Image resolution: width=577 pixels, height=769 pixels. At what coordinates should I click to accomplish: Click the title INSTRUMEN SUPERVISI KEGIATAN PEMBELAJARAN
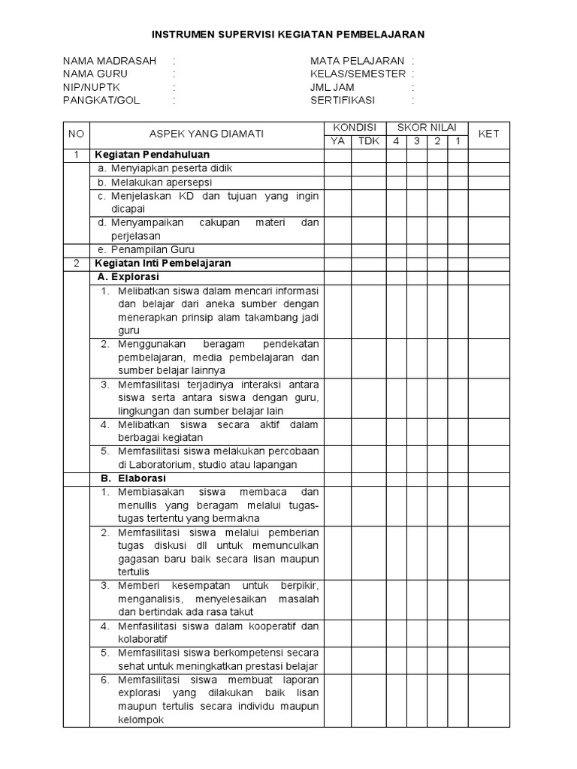click(x=288, y=34)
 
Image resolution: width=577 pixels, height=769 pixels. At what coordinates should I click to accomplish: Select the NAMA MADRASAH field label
click(x=109, y=61)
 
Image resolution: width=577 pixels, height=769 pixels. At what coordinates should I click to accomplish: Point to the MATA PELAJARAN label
click(x=357, y=61)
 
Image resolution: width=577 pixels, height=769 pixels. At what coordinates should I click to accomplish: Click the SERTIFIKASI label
click(x=342, y=100)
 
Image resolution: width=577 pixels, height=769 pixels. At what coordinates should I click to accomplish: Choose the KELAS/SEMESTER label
click(x=358, y=74)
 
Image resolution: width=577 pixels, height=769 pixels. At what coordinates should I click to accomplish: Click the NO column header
click(x=76, y=134)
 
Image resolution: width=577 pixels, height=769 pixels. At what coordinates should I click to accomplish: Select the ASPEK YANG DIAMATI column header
click(x=206, y=134)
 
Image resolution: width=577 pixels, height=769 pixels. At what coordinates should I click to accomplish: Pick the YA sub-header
click(x=337, y=141)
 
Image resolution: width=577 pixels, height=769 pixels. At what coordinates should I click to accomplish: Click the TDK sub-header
click(x=368, y=141)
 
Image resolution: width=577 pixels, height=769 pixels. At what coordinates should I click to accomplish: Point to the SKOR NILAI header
click(x=426, y=128)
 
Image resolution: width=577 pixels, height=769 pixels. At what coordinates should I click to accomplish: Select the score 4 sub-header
click(x=395, y=141)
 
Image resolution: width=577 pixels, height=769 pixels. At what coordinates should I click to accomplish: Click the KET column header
click(x=488, y=134)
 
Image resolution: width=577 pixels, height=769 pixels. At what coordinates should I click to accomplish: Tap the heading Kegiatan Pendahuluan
click(x=143, y=155)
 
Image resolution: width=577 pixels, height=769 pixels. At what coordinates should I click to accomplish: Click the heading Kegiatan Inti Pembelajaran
click(x=162, y=264)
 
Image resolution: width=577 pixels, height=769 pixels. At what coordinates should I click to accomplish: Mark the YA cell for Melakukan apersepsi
click(x=337, y=182)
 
